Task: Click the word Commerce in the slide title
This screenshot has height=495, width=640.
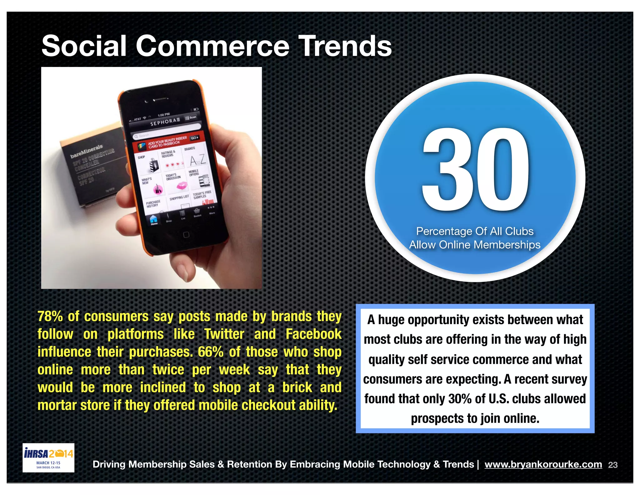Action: [x=212, y=46]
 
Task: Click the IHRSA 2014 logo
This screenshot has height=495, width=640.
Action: [x=48, y=457]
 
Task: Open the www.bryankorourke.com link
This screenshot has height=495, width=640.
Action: [x=543, y=464]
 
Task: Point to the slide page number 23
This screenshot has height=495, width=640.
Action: [x=613, y=465]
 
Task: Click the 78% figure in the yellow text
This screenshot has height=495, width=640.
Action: [x=50, y=317]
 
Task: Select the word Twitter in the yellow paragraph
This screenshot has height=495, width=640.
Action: [x=224, y=334]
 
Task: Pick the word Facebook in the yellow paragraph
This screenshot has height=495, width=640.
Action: [x=313, y=334]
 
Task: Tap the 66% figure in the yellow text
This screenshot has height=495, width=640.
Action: [x=210, y=352]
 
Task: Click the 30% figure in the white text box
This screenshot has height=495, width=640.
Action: [x=460, y=399]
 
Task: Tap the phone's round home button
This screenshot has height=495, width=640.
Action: [x=186, y=235]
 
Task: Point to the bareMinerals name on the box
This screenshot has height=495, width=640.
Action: [x=87, y=151]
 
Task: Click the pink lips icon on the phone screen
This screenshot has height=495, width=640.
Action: [x=182, y=186]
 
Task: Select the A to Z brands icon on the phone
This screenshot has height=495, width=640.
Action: [x=198, y=160]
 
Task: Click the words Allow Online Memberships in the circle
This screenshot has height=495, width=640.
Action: [x=475, y=245]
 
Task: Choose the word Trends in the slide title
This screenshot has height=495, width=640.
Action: [x=345, y=46]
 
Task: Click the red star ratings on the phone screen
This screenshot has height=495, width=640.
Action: [x=174, y=164]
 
